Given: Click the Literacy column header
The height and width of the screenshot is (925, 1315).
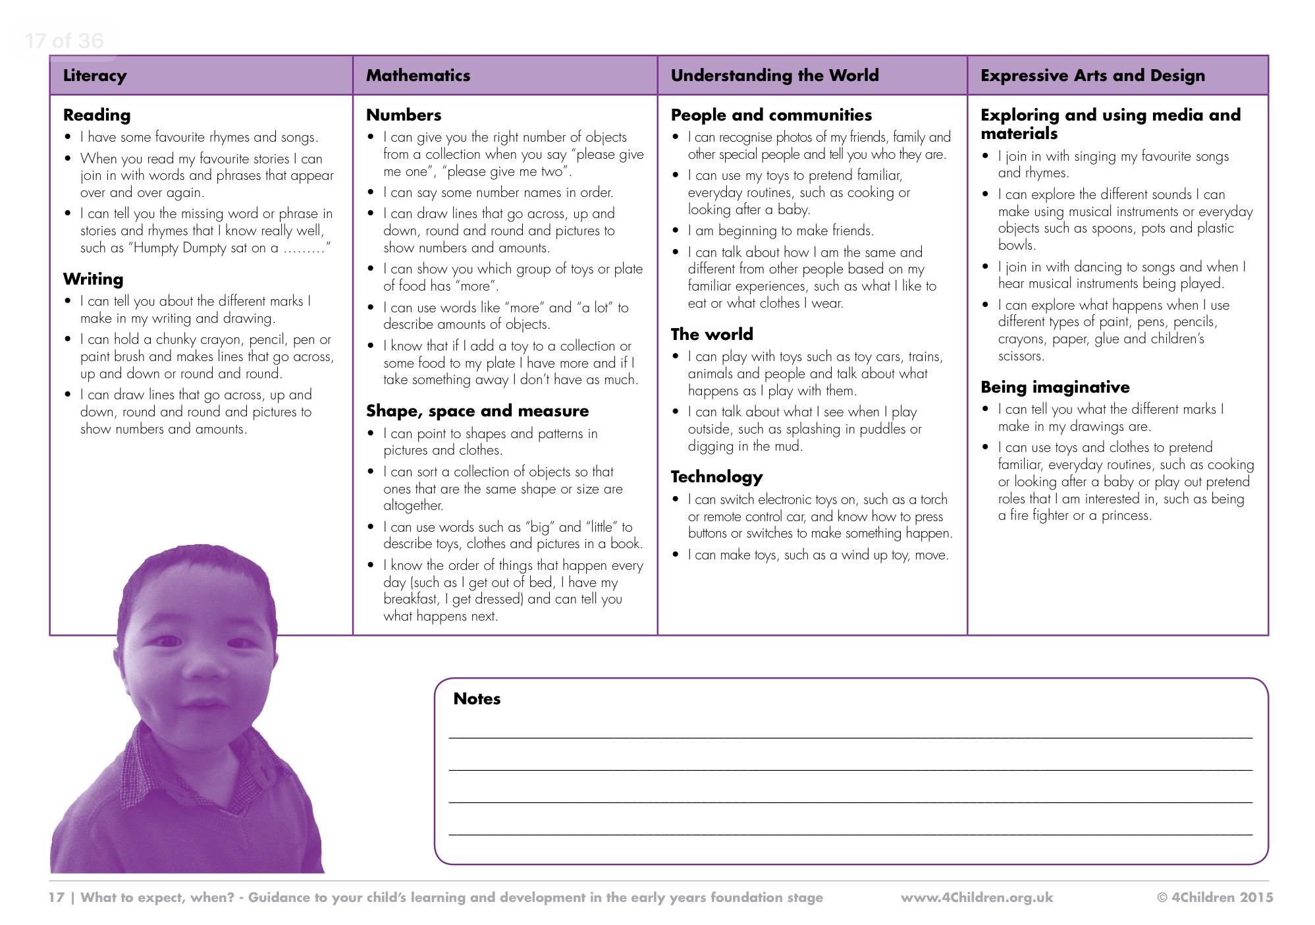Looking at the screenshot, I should tap(95, 76).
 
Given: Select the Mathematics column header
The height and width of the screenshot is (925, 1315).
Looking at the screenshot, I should tap(418, 76).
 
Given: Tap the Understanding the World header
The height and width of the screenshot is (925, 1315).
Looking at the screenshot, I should tap(774, 76).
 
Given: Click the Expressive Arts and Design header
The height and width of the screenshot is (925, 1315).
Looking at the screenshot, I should tap(1092, 76).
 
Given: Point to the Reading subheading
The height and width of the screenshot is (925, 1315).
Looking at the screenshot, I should tap(97, 115).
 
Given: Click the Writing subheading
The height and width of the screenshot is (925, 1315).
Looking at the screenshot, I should tap(93, 279).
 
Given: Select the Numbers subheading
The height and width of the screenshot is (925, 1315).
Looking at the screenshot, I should tap(404, 115).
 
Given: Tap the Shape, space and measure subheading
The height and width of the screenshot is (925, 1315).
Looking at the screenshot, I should tap(477, 411).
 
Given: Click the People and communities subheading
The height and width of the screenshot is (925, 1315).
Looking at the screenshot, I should tap(771, 115).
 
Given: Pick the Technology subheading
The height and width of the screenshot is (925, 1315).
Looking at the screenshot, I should tap(716, 477).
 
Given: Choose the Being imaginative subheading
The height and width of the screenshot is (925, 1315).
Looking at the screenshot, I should tap(1055, 387).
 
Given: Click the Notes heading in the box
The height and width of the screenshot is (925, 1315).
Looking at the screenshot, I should tap(477, 699).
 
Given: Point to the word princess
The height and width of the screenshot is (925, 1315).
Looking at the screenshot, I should tap(1125, 516).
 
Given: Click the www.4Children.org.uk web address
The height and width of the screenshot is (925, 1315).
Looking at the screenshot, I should tap(977, 897).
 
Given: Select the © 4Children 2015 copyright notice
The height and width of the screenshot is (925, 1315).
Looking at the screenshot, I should tap(1215, 897).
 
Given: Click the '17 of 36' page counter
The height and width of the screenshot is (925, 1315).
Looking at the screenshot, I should tap(64, 41).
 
